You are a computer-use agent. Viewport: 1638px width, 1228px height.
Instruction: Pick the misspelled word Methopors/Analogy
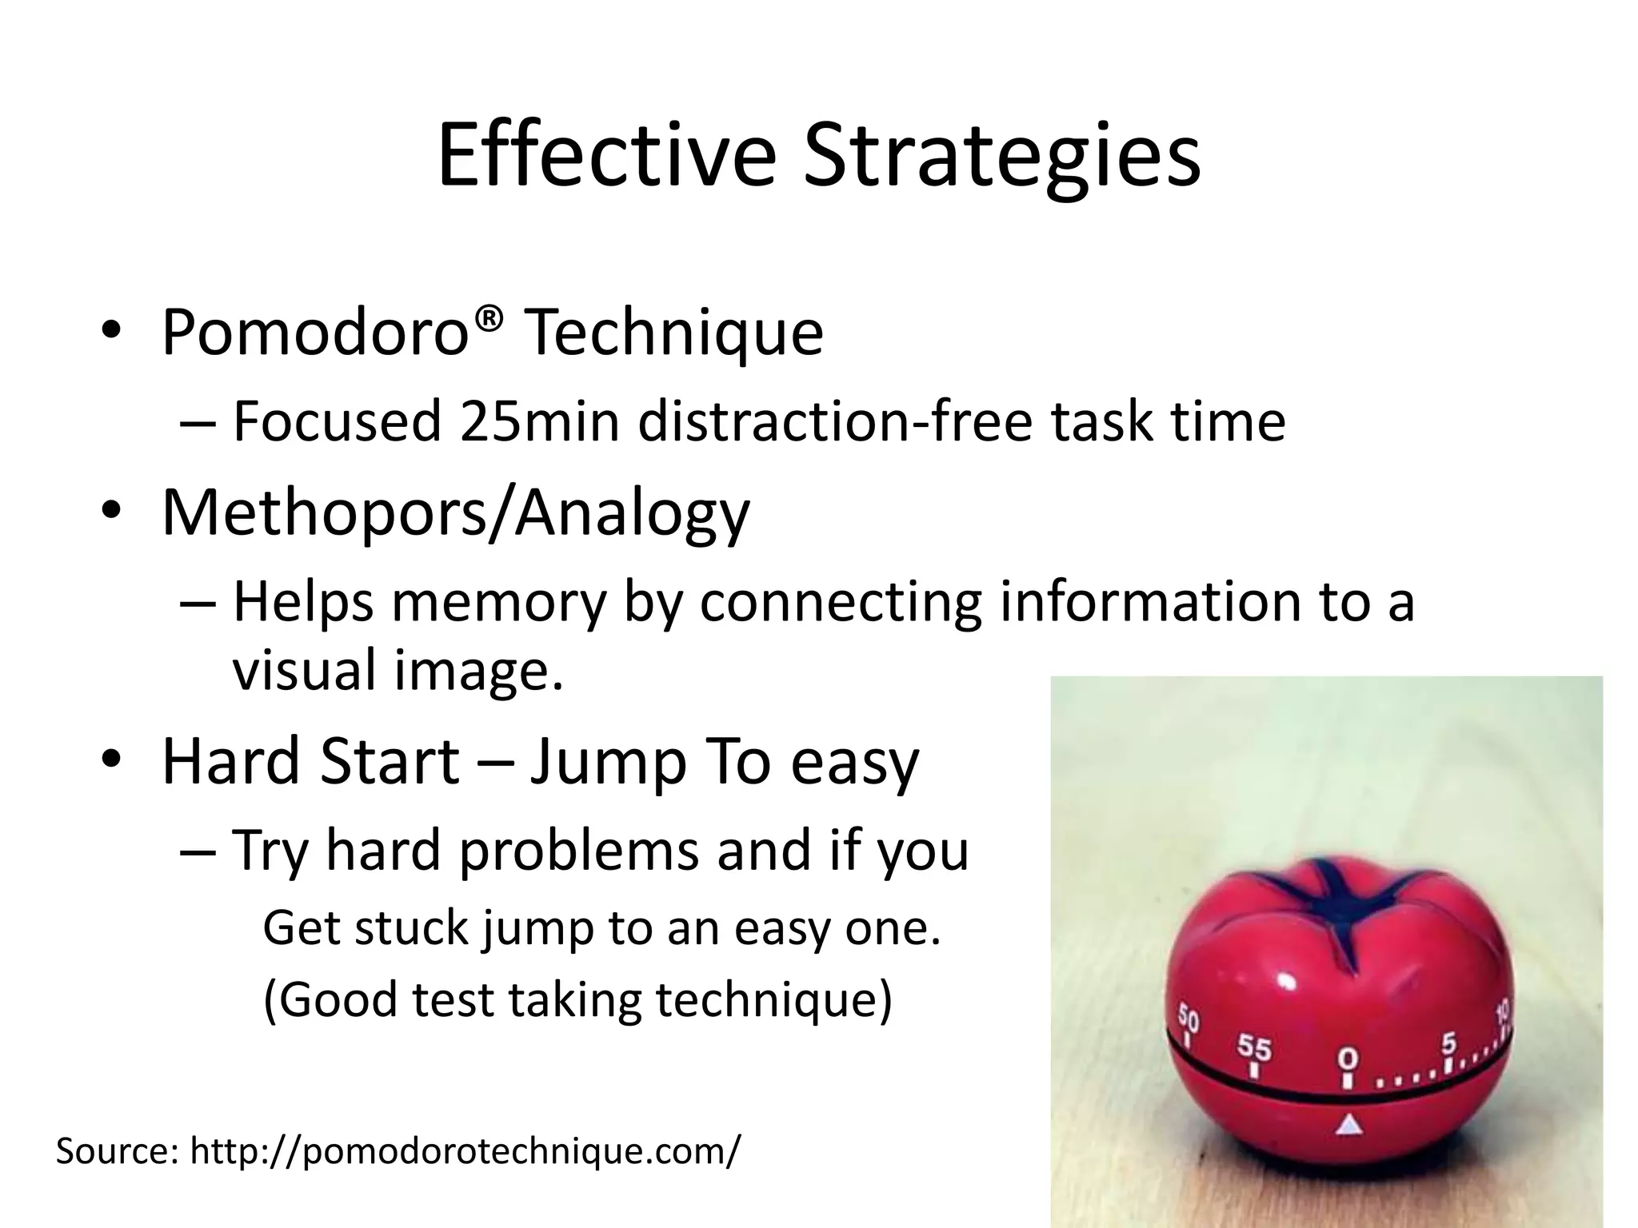pyautogui.click(x=456, y=512)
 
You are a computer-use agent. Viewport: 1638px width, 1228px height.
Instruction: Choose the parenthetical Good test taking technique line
pyautogui.click(x=577, y=999)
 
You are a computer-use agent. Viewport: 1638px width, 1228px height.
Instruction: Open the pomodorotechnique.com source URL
pyautogui.click(x=464, y=1151)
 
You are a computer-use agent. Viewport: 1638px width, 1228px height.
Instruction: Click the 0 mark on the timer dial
pyautogui.click(x=1348, y=1059)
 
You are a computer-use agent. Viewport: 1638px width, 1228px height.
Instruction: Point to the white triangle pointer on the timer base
pyautogui.click(x=1348, y=1126)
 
